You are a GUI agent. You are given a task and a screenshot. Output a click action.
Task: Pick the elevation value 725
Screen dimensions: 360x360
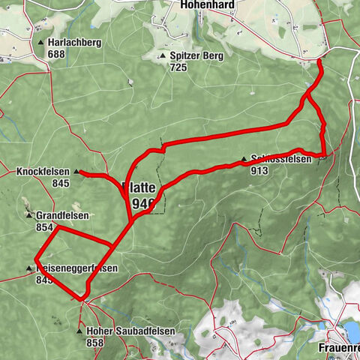(177, 67)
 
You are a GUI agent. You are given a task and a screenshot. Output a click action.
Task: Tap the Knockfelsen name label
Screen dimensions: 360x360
(42, 172)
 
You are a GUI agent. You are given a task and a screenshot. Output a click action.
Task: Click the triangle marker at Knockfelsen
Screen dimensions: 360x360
(76, 172)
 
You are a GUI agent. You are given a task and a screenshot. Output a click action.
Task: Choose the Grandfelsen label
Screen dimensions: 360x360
(63, 215)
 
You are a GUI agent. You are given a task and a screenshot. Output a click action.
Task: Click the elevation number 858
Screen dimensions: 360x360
(94, 342)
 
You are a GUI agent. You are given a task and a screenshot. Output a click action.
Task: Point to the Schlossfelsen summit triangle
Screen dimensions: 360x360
(244, 159)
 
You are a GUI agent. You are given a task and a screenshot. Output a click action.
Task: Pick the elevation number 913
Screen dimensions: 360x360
(259, 170)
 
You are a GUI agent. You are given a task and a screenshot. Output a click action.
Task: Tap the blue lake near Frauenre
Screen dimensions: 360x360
(351, 331)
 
